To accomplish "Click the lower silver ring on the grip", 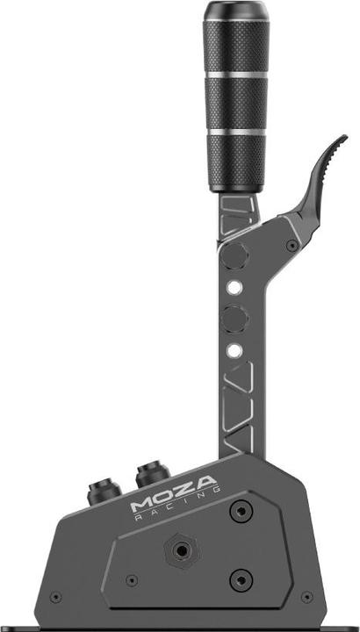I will [x=234, y=132].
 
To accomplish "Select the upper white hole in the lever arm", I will [x=234, y=286].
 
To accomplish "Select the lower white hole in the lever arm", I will [x=234, y=351].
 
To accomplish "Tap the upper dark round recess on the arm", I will [x=235, y=256].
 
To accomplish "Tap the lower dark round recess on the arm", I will [x=234, y=318].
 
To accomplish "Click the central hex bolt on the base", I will [x=182, y=551].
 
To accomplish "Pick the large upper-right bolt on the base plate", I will [x=240, y=511].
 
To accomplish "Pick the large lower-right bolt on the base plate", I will [x=240, y=578].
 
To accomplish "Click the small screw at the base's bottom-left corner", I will [x=56, y=597].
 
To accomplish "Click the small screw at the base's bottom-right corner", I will [x=306, y=597].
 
